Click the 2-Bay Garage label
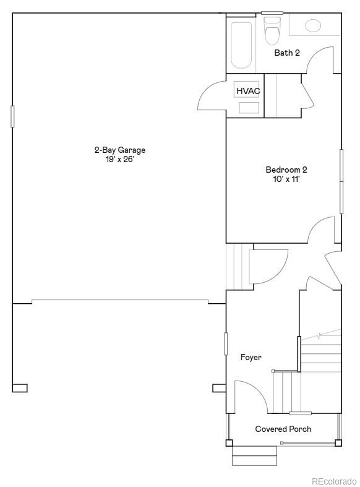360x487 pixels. tap(119, 150)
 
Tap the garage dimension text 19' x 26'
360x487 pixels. tap(119, 160)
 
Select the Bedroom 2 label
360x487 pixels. tap(286, 170)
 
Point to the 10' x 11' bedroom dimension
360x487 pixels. tap(286, 179)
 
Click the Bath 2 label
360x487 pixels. tap(287, 53)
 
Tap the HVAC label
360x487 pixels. tap(248, 91)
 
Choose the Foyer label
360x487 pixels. tap(251, 357)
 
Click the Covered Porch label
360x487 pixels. tap(283, 429)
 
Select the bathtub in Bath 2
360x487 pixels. tap(242, 45)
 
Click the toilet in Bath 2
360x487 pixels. tap(272, 31)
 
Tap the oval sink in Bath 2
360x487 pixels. tap(313, 25)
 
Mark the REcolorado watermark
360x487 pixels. tap(334, 481)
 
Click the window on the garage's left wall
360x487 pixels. tap(12, 116)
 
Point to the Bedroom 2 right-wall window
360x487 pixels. tap(341, 181)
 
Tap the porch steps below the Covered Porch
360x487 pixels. tap(254, 457)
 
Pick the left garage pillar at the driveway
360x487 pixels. tap(20, 388)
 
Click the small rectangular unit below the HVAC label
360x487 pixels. tap(249, 108)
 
